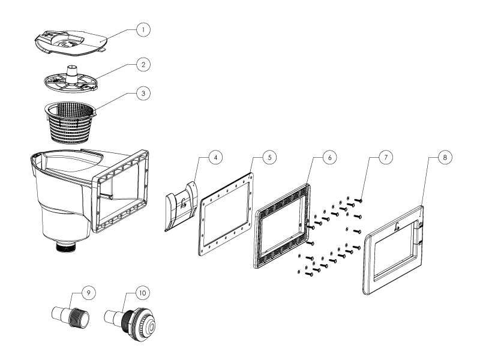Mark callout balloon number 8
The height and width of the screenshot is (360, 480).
tap(444, 157)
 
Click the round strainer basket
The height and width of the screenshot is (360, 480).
tap(71, 117)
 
